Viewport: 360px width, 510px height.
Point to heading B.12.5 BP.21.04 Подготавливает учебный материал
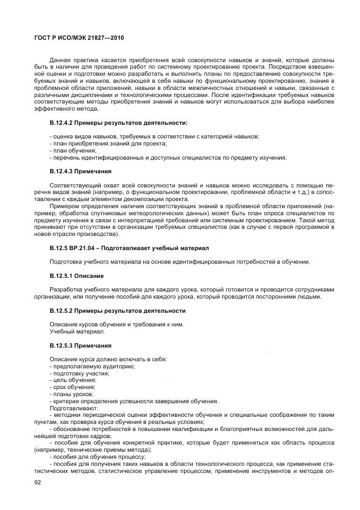click(x=129, y=248)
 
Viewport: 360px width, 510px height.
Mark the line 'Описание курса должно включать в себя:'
click(x=108, y=359)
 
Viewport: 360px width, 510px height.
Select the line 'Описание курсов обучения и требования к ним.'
click(x=117, y=324)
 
